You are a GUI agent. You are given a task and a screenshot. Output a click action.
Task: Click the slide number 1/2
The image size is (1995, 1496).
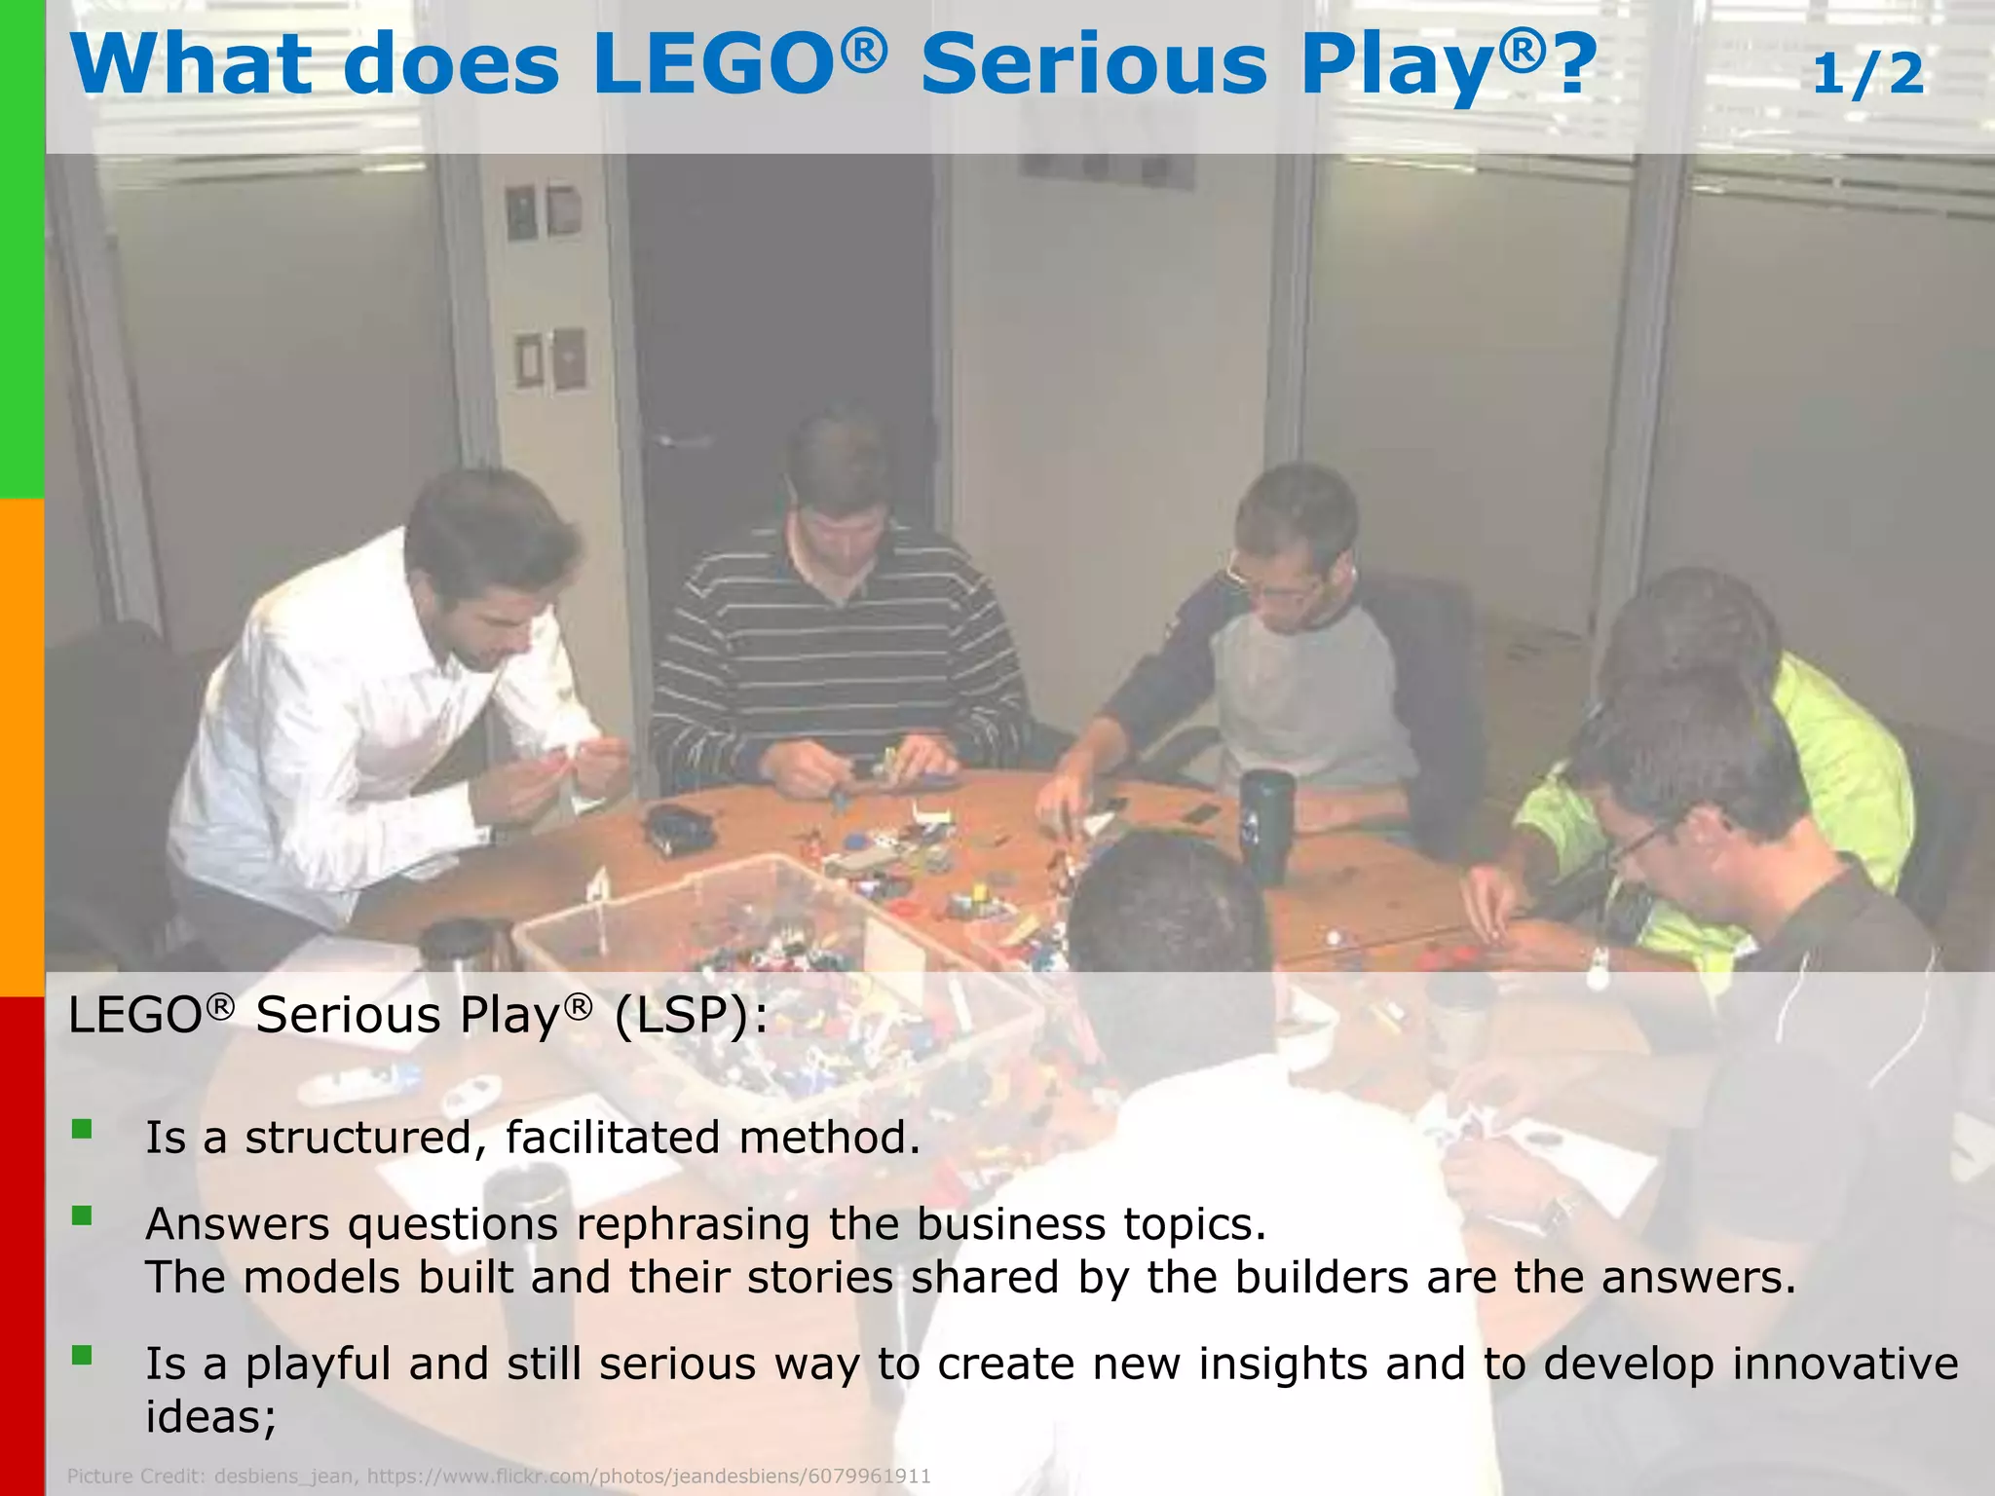pos(1867,74)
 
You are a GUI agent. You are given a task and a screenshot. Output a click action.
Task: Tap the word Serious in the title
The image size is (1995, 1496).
pos(1094,64)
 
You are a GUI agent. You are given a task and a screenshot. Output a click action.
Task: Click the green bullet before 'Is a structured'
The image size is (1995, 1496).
pos(82,1130)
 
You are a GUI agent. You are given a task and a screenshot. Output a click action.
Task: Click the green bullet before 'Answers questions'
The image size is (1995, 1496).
pos(82,1215)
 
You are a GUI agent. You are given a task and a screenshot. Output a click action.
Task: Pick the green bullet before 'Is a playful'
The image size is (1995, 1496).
pos(82,1355)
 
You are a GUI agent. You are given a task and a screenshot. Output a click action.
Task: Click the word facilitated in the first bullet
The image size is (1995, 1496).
pos(613,1138)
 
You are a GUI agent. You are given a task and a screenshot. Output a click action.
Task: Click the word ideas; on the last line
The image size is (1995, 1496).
pos(211,1416)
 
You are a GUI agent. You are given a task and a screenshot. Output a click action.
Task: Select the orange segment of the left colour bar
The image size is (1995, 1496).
pos(21,747)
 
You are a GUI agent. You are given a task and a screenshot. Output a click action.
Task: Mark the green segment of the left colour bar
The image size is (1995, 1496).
pos(21,248)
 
